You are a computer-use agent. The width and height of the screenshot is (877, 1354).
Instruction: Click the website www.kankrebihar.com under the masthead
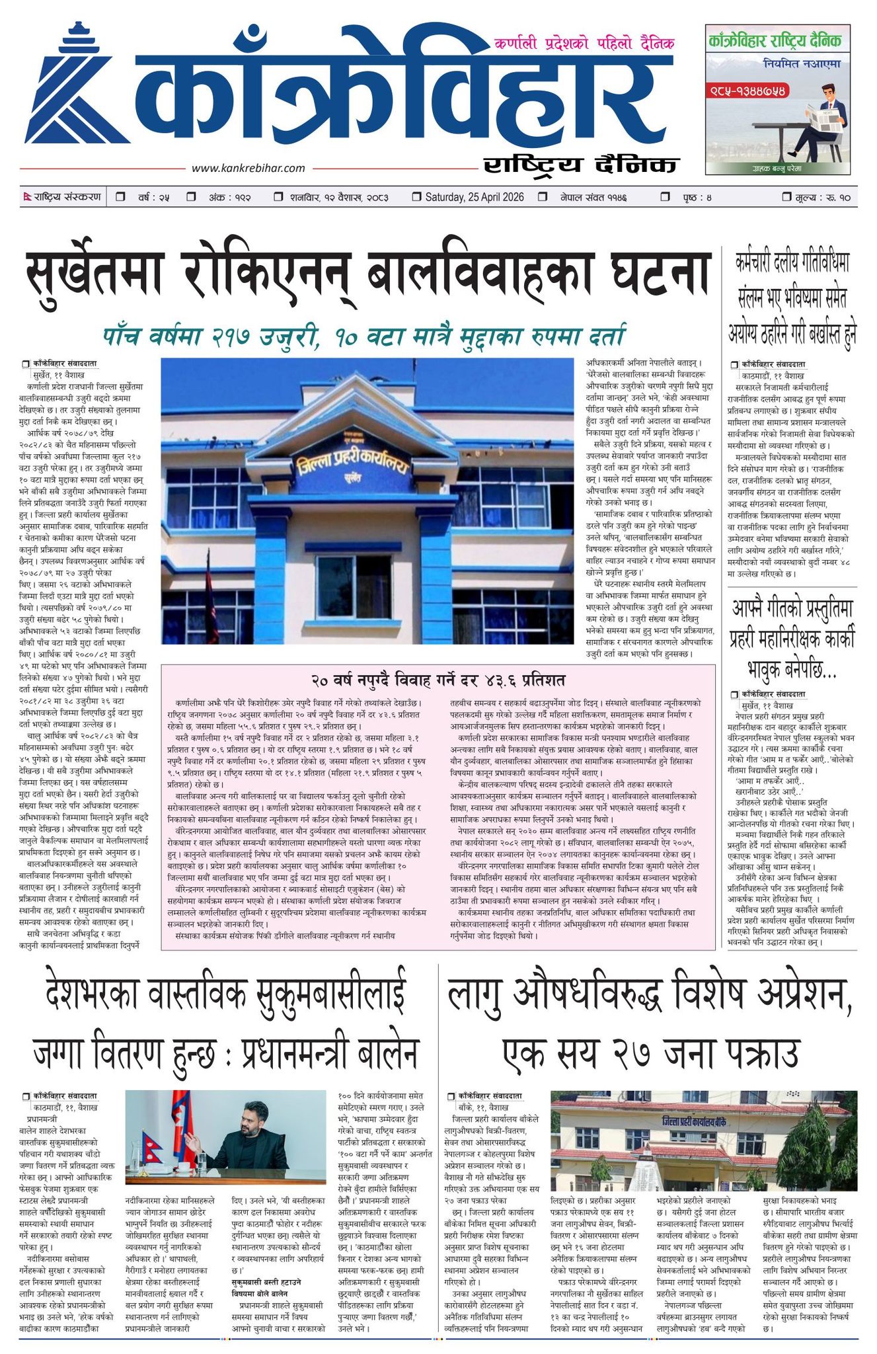point(248,169)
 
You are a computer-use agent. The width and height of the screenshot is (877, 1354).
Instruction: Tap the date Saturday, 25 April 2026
point(474,197)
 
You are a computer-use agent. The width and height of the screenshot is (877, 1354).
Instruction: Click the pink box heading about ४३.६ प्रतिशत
point(438,680)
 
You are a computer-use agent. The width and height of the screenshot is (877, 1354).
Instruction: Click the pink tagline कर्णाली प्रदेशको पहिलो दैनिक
point(584,44)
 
